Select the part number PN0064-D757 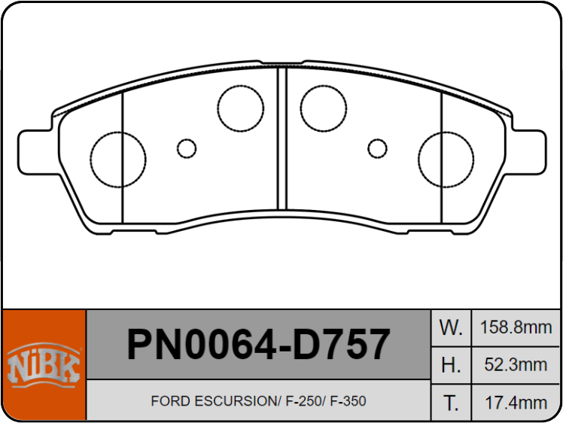(258, 345)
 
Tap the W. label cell (450, 327)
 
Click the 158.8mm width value (516, 327)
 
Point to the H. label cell (450, 365)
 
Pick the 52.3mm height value (516, 365)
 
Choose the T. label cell (450, 403)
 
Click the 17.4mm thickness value (516, 403)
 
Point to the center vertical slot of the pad (282, 139)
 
